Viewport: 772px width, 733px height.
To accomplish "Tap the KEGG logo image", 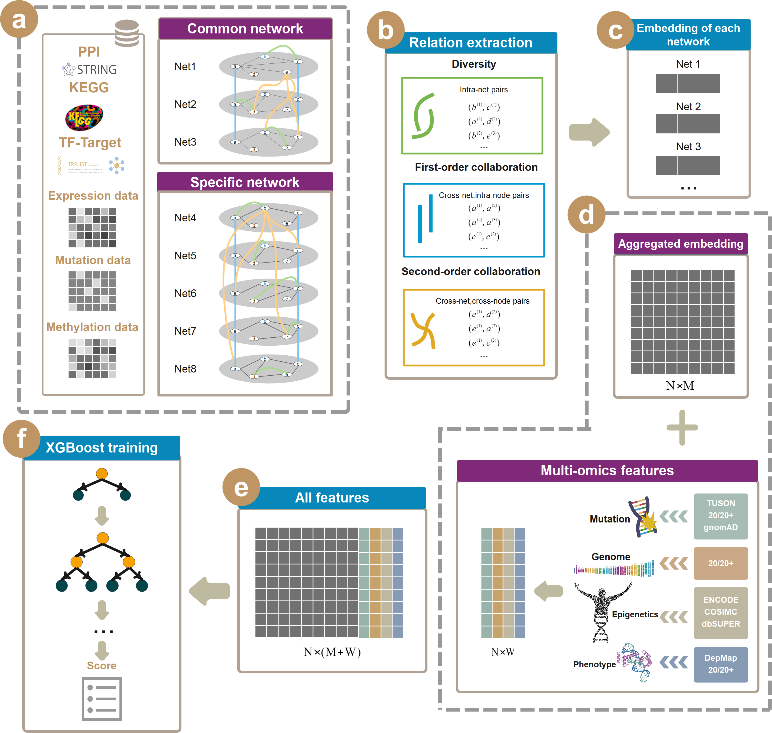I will coord(84,117).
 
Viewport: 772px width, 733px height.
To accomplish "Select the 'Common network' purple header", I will coord(245,29).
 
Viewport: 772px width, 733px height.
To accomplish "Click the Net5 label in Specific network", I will coord(185,256).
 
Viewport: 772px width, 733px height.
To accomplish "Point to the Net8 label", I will coord(185,368).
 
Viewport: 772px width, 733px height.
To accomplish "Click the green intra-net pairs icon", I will coord(423,116).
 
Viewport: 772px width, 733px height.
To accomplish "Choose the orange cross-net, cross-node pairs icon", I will coord(423,330).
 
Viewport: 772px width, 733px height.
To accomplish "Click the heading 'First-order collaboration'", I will coord(476,167).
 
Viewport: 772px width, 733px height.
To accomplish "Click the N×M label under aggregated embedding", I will coord(680,386).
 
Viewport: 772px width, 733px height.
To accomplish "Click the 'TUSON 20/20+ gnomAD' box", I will coord(721,516).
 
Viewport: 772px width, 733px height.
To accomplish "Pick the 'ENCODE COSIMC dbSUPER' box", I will coord(721,612).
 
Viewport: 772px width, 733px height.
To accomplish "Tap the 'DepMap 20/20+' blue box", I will coord(721,664).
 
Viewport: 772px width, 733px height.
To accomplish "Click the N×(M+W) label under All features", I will coord(332,652).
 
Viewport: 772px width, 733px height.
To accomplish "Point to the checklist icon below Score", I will coord(102,699).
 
